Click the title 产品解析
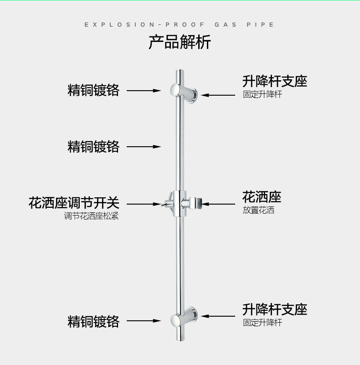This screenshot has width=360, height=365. point(180,42)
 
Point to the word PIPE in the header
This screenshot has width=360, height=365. point(261,25)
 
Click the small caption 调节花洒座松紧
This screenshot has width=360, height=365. point(91,216)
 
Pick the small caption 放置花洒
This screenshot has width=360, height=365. point(258,211)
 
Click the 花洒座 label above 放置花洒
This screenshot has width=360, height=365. point(262,197)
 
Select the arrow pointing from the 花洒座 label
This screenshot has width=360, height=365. point(219,204)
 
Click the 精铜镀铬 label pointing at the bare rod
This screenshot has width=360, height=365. point(93,147)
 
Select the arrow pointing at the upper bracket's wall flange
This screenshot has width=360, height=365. point(219,95)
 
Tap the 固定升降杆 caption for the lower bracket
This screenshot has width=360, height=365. point(262,323)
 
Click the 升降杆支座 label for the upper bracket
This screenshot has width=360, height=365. point(275,81)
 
